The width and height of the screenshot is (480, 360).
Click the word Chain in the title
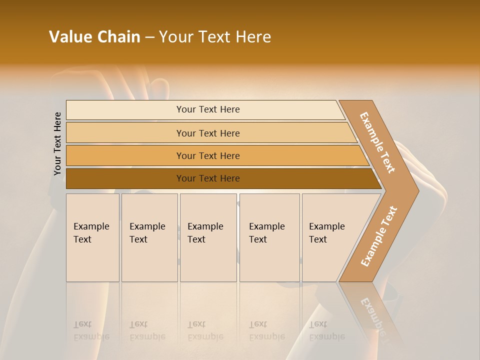coord(118,37)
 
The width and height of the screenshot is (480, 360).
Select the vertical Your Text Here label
coord(57,144)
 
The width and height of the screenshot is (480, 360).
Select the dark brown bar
coord(125,178)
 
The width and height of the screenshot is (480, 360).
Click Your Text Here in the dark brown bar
coord(208,178)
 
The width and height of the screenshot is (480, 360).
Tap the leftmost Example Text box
coord(92,237)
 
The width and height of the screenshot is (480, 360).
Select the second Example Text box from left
coord(149,237)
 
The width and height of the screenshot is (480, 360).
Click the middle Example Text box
coord(208,237)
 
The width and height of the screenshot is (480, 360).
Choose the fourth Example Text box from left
coord(269,237)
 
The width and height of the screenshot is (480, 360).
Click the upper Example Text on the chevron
coord(377,142)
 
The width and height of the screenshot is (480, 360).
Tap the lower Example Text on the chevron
coord(378,236)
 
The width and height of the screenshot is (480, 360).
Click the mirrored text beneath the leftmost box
coord(91,330)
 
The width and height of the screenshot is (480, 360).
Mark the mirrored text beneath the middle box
coord(205,330)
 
